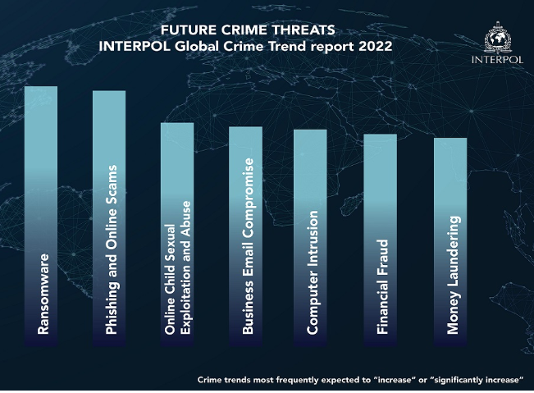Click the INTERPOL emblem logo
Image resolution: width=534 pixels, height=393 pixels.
(498, 39)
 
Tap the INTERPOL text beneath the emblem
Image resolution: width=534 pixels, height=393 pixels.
(498, 60)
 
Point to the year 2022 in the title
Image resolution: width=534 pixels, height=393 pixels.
(373, 46)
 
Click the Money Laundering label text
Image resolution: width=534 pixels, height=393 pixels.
(452, 274)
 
